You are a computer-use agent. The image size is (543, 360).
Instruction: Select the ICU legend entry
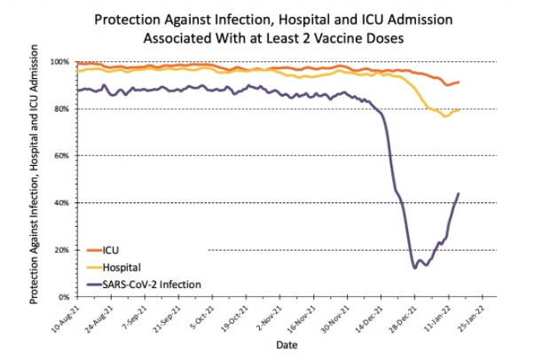click(110, 250)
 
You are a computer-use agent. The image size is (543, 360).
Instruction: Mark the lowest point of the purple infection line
click(414, 267)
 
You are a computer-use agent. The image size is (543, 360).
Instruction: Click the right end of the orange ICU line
click(458, 82)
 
